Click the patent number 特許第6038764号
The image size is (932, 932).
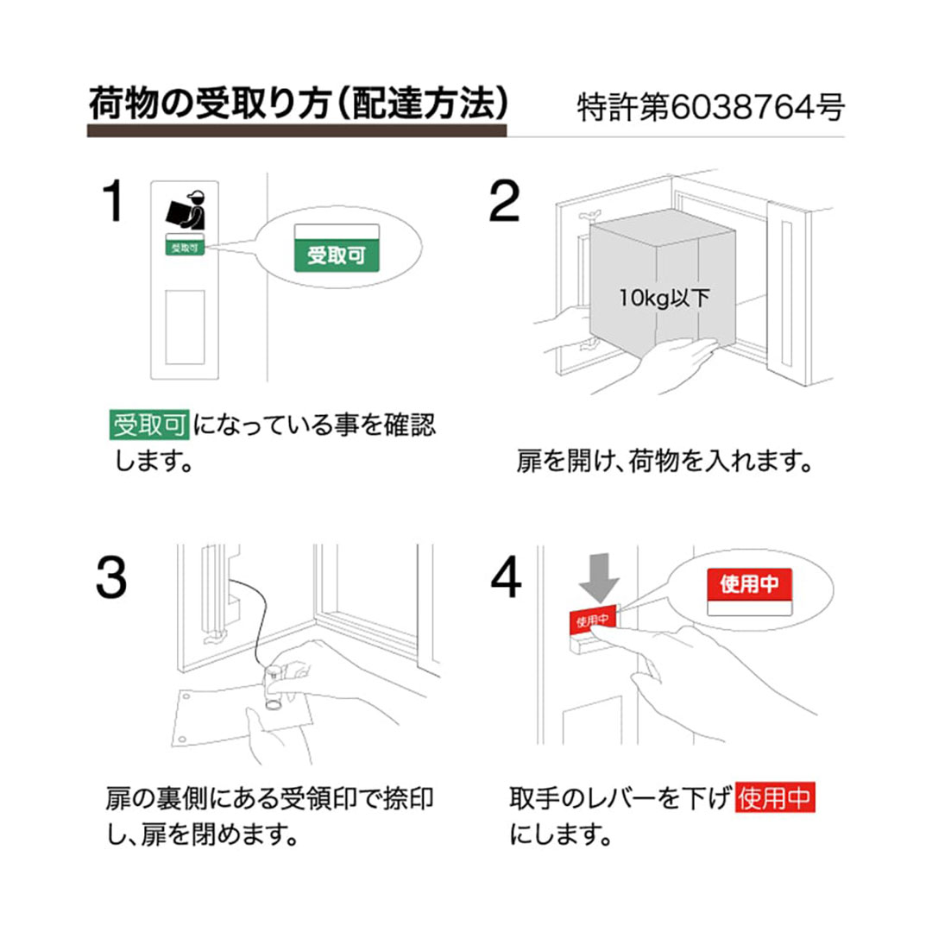pyautogui.click(x=710, y=108)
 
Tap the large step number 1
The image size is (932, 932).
pyautogui.click(x=113, y=201)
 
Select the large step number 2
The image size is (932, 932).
pyautogui.click(x=504, y=201)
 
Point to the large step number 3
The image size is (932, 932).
pyautogui.click(x=111, y=576)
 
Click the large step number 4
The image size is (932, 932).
pyautogui.click(x=506, y=577)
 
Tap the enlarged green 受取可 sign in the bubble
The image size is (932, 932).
pyautogui.click(x=337, y=248)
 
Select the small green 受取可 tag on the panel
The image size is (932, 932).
pyautogui.click(x=185, y=244)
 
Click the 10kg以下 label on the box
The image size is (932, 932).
pyautogui.click(x=664, y=298)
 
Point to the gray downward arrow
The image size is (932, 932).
pyautogui.click(x=599, y=576)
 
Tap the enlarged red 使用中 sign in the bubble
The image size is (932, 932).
pyautogui.click(x=749, y=591)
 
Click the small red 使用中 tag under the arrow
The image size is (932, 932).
pyautogui.click(x=594, y=620)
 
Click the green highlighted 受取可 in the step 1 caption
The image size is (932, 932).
pyautogui.click(x=149, y=425)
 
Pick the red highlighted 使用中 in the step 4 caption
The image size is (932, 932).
pyautogui.click(x=775, y=797)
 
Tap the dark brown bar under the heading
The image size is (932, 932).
pyautogui.click(x=297, y=131)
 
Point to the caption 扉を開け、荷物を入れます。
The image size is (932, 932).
pyautogui.click(x=664, y=461)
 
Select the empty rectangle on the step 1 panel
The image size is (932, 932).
pyautogui.click(x=185, y=328)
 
